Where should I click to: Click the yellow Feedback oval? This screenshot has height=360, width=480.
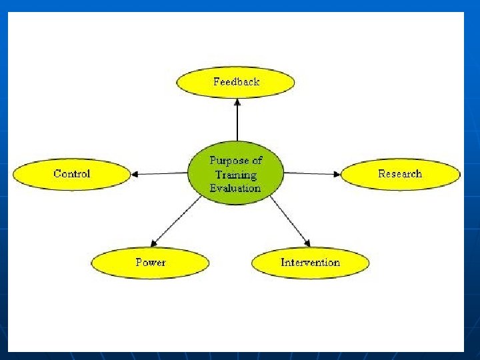coord(235,83)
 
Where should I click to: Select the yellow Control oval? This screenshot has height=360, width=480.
coord(71,174)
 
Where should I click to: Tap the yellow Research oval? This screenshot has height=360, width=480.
coord(400,174)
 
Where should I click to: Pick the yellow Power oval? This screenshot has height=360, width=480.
coord(150,263)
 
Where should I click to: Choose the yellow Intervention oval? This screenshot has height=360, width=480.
coord(310,263)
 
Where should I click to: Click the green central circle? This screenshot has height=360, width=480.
coord(235,173)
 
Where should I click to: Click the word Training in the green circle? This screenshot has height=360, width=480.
coord(235,175)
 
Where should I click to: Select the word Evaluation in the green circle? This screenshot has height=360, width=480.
coord(235,188)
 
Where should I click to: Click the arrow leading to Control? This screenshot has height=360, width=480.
coord(160,174)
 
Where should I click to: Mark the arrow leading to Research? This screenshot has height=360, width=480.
coord(312,173)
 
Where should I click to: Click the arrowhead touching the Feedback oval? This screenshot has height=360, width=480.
coord(237,101)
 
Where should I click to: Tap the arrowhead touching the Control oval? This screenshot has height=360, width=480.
coord(135,175)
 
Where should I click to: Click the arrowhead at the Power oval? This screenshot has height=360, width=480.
coord(154,243)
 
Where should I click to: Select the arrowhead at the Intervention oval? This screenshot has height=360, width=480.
coord(307,243)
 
